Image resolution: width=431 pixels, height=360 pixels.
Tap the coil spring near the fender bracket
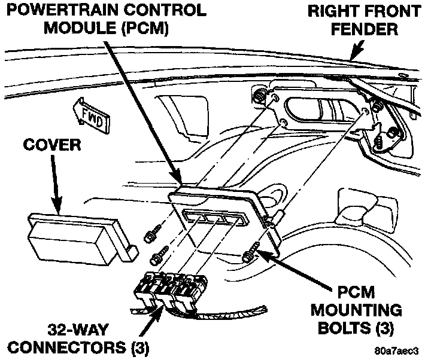(379, 142)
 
